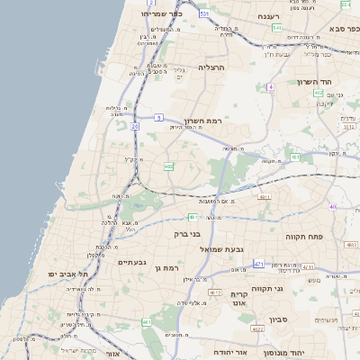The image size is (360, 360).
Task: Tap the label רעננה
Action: point(269,16)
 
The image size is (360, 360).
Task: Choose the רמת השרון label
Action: point(202,121)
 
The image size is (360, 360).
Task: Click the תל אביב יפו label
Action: point(71,273)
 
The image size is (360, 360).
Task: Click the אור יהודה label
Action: point(231,353)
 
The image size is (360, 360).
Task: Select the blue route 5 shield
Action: point(158,117)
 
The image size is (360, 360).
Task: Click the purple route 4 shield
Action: point(269,86)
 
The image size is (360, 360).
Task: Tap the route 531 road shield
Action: point(204,14)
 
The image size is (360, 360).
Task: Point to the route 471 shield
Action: point(258,264)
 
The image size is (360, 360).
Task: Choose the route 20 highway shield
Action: point(135,127)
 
